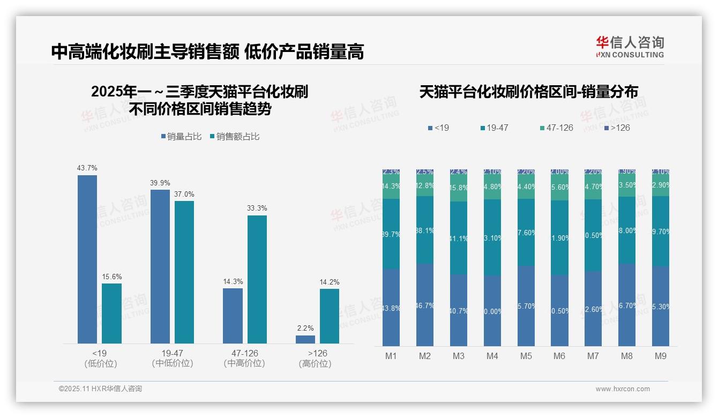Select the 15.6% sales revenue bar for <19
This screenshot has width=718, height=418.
coord(111,313)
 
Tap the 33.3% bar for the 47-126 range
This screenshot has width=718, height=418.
coord(257,279)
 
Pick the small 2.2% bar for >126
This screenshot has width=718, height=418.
coord(305,339)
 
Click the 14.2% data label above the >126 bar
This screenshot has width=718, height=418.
coord(330,282)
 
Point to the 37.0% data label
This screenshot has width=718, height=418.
coord(184,194)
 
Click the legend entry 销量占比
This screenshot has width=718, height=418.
coord(181,137)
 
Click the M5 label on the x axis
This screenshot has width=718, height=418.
coord(526,356)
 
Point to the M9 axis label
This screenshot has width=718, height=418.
coord(660,356)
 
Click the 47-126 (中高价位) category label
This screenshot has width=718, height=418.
coord(244,359)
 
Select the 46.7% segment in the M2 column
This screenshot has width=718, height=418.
coord(425,305)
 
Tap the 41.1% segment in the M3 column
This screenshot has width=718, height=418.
coord(459,238)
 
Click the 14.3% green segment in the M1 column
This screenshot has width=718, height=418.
coord(391,186)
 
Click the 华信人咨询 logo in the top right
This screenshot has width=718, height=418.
coord(630,47)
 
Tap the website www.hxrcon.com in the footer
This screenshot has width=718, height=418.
coord(623,389)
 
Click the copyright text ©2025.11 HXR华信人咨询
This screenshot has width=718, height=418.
coord(100,389)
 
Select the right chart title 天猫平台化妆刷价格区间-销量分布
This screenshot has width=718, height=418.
coord(528,92)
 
